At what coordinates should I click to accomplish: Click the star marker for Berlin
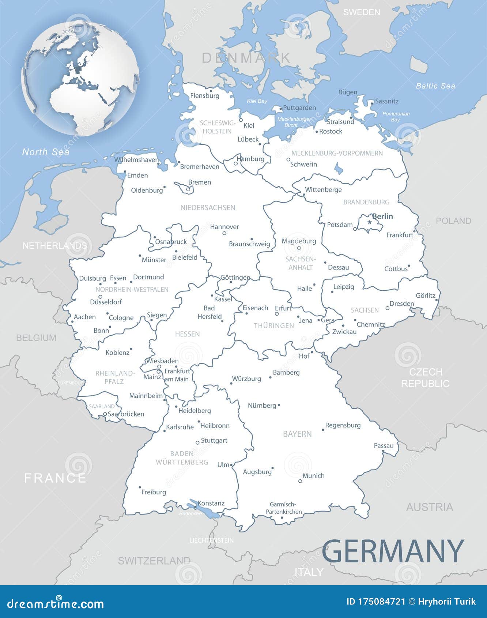tap(370, 222)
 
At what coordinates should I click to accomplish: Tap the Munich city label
tap(313, 476)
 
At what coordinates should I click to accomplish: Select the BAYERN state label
tap(297, 434)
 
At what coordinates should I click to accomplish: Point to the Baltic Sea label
tap(435, 86)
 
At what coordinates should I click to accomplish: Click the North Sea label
tap(46, 152)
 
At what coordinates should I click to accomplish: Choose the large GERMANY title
tap(393, 551)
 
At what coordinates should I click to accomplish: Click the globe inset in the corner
tap(80, 79)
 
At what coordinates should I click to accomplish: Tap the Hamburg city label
tap(250, 159)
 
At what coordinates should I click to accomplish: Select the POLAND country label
tap(453, 221)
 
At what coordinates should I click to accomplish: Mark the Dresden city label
tap(402, 304)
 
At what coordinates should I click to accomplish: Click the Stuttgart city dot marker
tap(197, 442)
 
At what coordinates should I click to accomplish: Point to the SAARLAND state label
tap(102, 406)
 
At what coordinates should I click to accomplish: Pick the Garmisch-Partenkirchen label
tap(283, 508)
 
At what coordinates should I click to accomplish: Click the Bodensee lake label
tap(190, 514)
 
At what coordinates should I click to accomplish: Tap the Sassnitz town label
tap(387, 101)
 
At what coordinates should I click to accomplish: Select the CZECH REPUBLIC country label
tap(425, 378)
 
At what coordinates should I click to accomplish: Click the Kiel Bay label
tap(257, 101)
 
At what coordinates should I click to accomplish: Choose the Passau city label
tap(384, 446)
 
